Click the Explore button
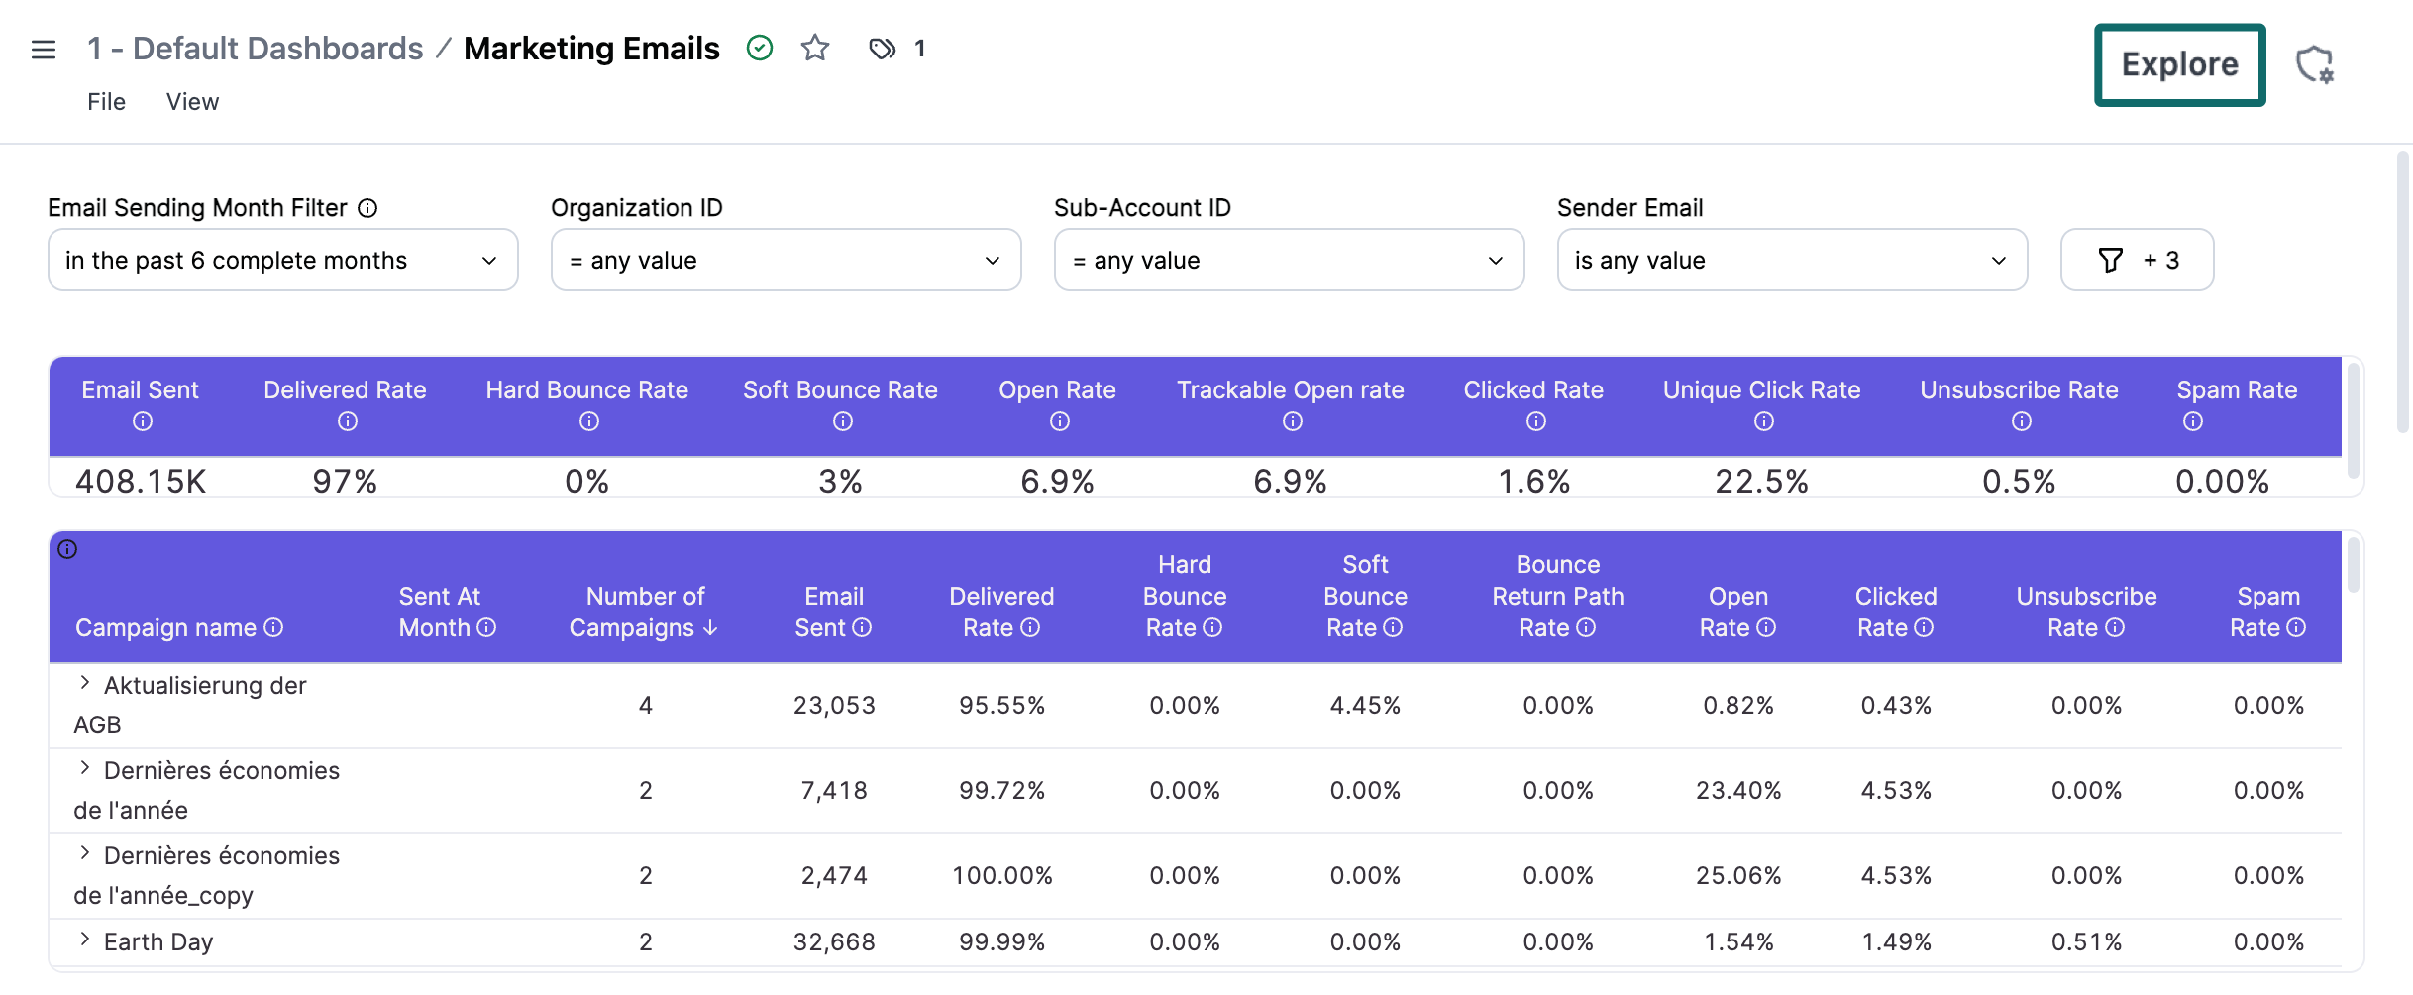coord(2178,64)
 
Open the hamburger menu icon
coord(44,49)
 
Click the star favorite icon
coord(814,48)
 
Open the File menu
coord(106,102)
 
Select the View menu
coord(192,102)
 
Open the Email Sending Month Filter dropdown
coord(282,260)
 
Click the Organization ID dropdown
coord(786,260)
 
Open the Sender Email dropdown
coord(1791,260)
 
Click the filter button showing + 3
coord(2137,260)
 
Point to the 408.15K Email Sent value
coord(141,482)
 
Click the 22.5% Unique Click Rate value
coord(1761,482)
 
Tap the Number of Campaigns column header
coord(644,611)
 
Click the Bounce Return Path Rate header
coord(1557,596)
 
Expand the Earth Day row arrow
coord(85,940)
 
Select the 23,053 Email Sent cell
coord(834,706)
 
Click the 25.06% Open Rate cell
coord(1737,876)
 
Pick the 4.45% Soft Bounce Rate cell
coord(1365,706)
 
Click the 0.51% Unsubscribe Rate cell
coord(2086,942)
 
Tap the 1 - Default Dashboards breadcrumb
coord(255,49)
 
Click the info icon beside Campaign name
coord(274,628)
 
